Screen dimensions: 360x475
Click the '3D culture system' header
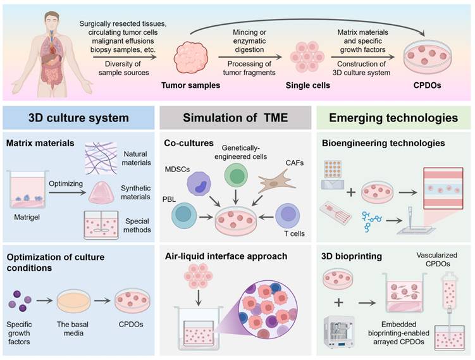(x=79, y=118)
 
